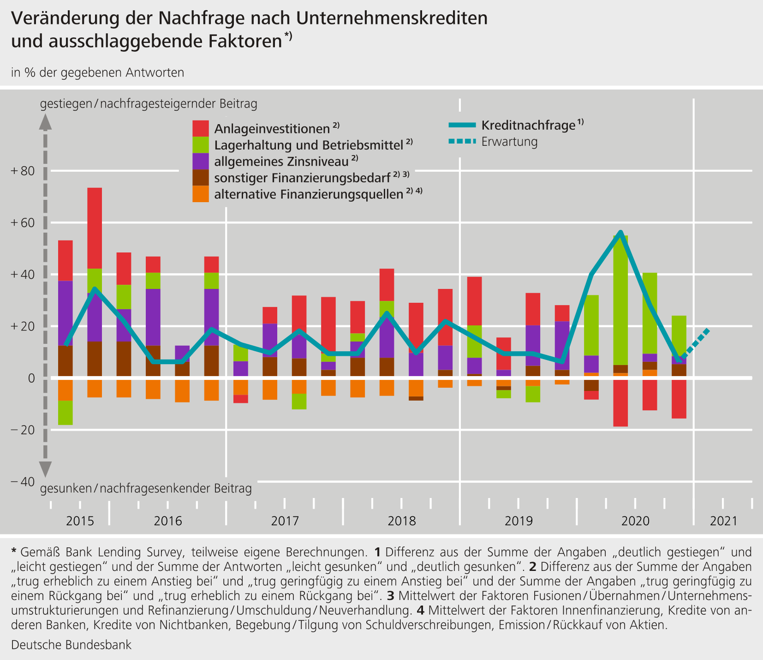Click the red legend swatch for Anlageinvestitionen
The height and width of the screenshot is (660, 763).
click(200, 128)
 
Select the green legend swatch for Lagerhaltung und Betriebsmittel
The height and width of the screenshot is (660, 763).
click(200, 144)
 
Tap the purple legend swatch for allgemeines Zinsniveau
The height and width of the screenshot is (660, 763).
click(200, 161)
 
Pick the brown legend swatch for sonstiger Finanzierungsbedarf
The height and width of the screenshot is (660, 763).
click(200, 178)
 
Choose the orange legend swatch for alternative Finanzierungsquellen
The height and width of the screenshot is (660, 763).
click(200, 194)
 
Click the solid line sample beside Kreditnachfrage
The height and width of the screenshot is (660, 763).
click(461, 125)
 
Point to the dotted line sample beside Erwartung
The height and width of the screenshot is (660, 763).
click(461, 141)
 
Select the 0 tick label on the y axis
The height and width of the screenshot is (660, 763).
click(31, 378)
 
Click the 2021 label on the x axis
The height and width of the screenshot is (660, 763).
click(724, 521)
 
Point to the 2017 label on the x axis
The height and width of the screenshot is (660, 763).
click(285, 521)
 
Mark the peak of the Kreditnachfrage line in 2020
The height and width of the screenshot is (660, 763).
click(620, 232)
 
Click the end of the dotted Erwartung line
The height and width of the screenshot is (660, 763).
click(708, 330)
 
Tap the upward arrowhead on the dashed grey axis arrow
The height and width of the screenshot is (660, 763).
click(45, 121)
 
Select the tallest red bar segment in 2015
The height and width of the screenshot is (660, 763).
click(95, 228)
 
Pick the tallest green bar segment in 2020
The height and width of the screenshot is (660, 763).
click(620, 300)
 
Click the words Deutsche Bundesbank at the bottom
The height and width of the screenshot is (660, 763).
click(71, 645)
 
